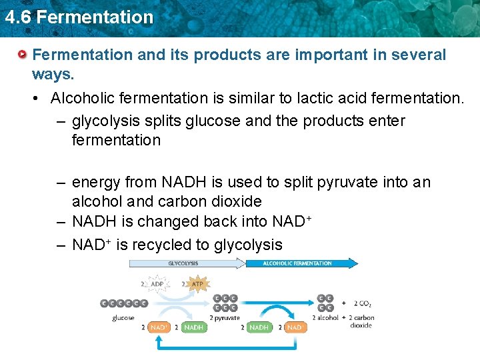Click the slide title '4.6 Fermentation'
[x=78, y=17]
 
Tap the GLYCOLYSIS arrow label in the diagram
[x=183, y=263]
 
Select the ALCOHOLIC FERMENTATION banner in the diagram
[x=297, y=263]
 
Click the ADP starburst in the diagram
[x=157, y=284]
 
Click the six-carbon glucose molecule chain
[x=123, y=303]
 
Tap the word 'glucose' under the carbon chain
[x=123, y=317]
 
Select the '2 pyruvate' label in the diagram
[x=225, y=318]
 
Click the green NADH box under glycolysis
[x=193, y=327]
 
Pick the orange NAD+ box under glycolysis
[x=159, y=327]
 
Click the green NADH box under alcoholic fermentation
[x=259, y=327]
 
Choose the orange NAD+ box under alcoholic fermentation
[x=295, y=327]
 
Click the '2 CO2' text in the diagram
[x=363, y=303]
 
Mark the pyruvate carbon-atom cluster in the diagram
[x=225, y=303]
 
